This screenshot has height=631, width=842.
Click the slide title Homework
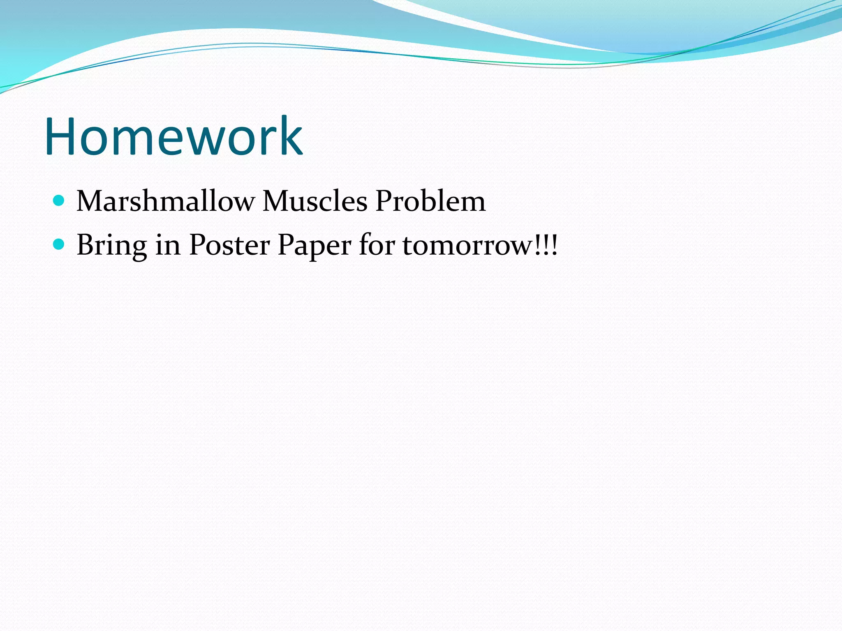[x=173, y=136]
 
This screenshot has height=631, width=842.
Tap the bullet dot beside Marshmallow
[x=59, y=200]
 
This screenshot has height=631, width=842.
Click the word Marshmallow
[x=166, y=201]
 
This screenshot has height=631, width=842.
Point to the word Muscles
[x=315, y=201]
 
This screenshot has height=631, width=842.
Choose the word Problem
[x=430, y=201]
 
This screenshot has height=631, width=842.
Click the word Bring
[x=112, y=246]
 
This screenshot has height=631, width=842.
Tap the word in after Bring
[x=168, y=246]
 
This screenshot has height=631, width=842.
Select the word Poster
[x=229, y=246]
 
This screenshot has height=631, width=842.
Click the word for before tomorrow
[x=377, y=245]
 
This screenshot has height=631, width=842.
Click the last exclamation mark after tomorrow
[x=555, y=245]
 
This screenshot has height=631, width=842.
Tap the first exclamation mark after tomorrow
[x=539, y=245]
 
